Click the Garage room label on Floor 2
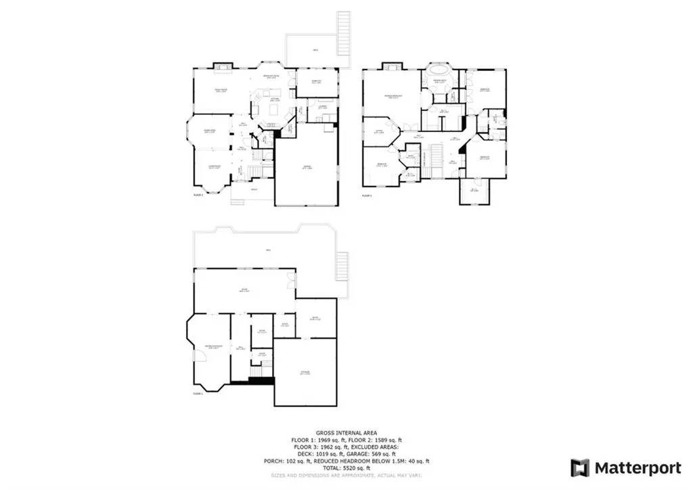307,168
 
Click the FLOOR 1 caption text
198,392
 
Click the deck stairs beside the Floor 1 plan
342,266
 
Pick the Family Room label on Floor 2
221,90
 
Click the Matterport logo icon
580,467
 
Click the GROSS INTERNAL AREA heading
346,432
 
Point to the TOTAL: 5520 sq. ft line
346,468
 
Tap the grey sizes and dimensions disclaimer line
346,475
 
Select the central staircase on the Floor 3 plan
436,164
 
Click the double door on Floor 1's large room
291,279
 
